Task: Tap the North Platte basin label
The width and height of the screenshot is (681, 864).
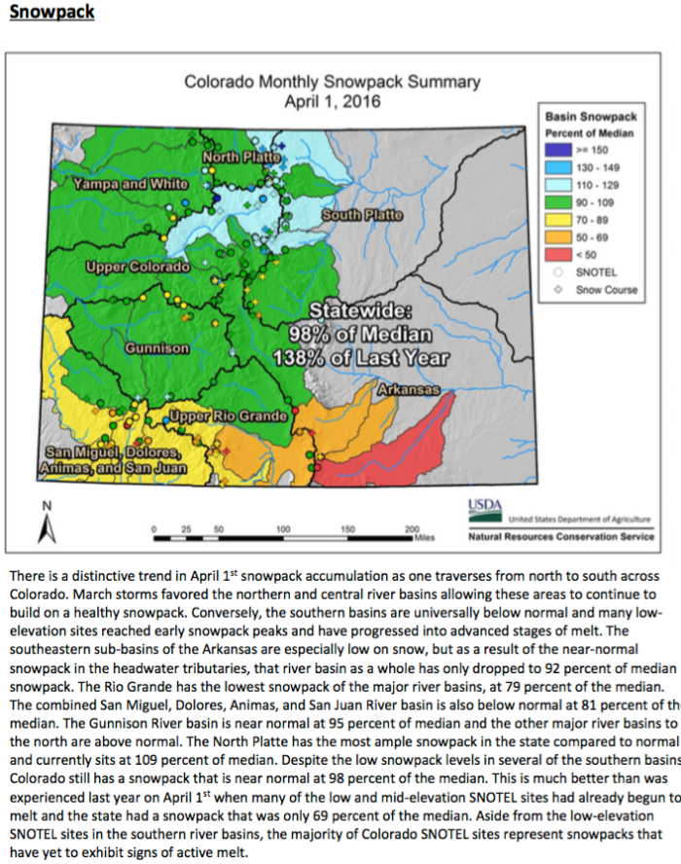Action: [x=242, y=157]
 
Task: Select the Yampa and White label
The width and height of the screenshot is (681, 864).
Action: [x=130, y=183]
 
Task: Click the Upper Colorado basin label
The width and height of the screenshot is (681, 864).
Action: [x=137, y=267]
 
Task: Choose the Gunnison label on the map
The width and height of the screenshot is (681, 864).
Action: [x=157, y=347]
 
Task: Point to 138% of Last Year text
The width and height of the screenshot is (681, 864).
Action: [x=374, y=357]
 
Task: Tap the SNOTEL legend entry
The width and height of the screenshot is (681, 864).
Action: [x=594, y=272]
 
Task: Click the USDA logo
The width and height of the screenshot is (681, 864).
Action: [x=485, y=508]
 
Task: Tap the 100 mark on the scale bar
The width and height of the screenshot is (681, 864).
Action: [x=283, y=528]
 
